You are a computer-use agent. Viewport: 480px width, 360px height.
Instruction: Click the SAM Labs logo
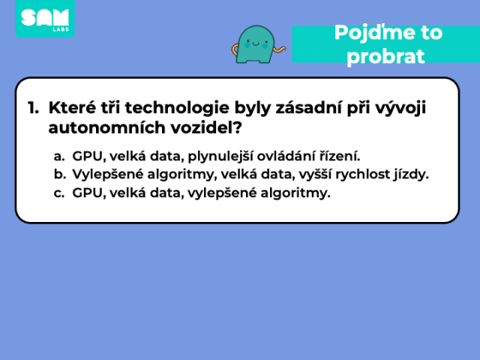[45, 18]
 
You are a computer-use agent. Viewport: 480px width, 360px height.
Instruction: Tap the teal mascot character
[256, 45]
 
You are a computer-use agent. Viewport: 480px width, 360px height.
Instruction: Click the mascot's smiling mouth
[256, 44]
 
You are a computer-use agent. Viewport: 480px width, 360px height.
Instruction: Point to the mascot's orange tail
[279, 49]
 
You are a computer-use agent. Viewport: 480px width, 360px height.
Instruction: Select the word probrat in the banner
[385, 56]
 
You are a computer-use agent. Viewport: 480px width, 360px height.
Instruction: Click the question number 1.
[33, 108]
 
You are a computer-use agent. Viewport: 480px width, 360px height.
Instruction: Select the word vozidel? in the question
[206, 127]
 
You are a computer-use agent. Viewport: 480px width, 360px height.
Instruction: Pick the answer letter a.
[59, 157]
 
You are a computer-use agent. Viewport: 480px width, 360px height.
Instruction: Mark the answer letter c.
[58, 193]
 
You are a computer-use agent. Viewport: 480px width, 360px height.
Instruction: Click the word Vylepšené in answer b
[108, 175]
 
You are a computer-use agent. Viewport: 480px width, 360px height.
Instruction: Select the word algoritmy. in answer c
[295, 193]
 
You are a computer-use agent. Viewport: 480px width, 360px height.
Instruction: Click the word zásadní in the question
[308, 108]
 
